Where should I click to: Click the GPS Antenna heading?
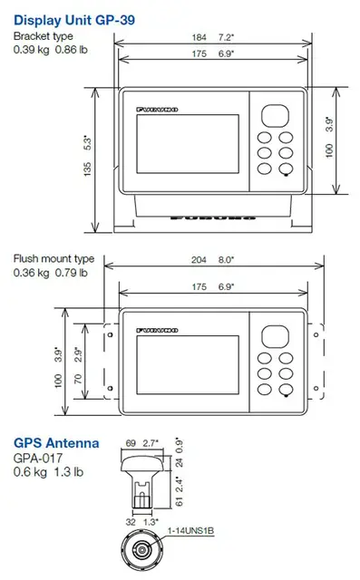[55, 444]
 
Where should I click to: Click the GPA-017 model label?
[34, 458]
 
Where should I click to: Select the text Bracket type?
[42, 36]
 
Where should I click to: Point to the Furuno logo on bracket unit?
[158, 109]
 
